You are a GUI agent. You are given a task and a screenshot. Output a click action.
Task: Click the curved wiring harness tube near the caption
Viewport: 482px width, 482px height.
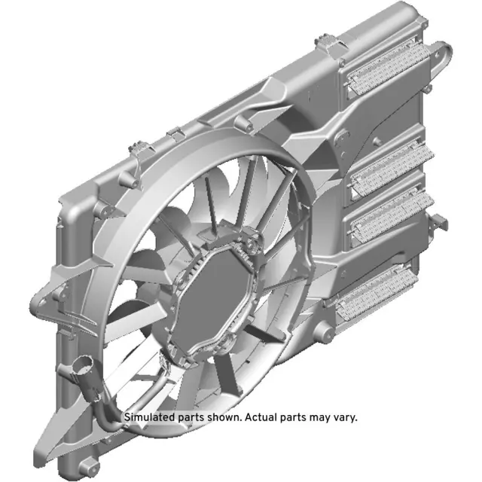(102, 407)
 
